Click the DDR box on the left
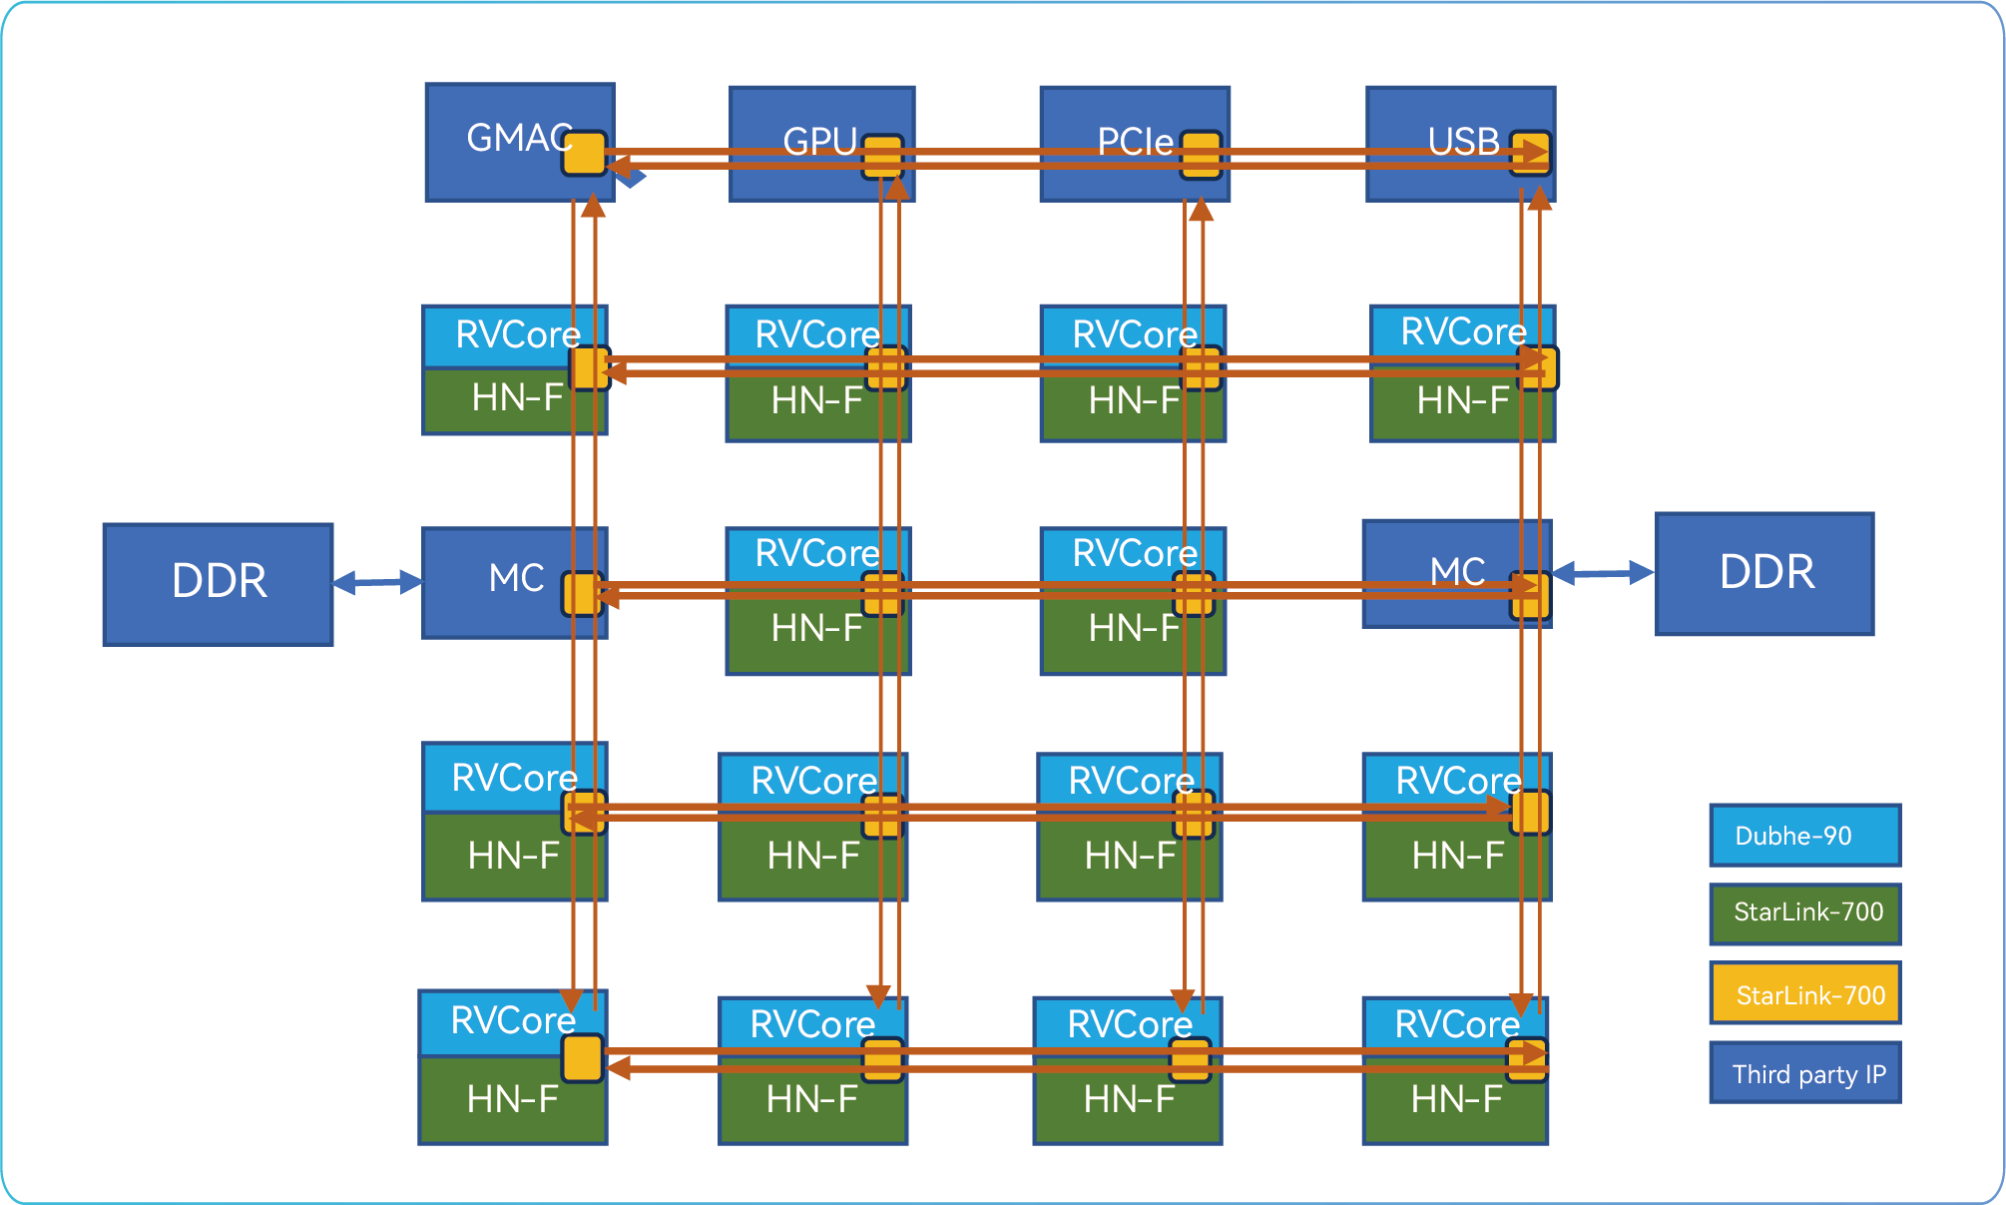[x=218, y=584]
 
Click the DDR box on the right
[x=1764, y=574]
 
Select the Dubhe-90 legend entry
[x=1804, y=836]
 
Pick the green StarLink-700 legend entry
[x=1804, y=913]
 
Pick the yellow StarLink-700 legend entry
[x=1804, y=993]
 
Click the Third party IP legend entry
[x=1804, y=1073]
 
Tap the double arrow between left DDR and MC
[x=377, y=582]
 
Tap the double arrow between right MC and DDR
[x=1603, y=573]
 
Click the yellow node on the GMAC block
[x=584, y=154]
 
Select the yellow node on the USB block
[x=1530, y=154]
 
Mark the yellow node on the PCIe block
[x=1201, y=155]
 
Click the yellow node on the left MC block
[x=583, y=594]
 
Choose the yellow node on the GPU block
[x=883, y=157]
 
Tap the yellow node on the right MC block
[x=1530, y=595]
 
